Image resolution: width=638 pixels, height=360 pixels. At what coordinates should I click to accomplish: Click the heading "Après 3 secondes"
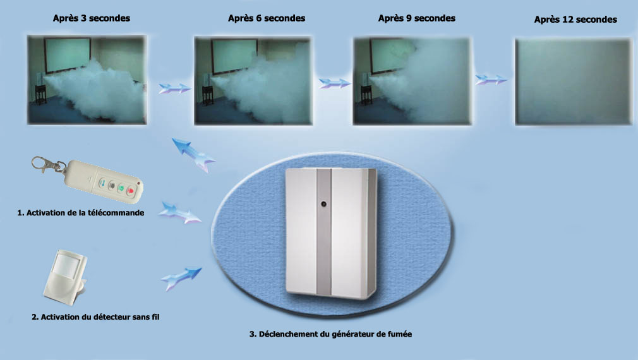[92, 18]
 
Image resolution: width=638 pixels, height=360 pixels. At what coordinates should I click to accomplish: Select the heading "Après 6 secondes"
[267, 18]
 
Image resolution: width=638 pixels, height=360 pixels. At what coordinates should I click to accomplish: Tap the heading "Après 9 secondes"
[417, 18]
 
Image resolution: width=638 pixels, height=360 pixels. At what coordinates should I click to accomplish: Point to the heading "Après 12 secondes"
[575, 20]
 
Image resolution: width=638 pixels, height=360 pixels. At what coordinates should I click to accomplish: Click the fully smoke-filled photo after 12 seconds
[574, 81]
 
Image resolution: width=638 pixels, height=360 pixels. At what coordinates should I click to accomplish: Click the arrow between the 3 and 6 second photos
[174, 88]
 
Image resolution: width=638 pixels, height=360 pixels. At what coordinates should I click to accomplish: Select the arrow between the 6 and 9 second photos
[334, 83]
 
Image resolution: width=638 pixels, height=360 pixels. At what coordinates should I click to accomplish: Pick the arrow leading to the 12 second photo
[491, 80]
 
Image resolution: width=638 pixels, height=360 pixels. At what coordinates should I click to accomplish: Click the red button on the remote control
[131, 190]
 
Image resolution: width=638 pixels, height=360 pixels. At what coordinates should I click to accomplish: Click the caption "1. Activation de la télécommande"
[81, 213]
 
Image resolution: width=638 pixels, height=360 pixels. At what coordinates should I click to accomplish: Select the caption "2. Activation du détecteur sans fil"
[95, 317]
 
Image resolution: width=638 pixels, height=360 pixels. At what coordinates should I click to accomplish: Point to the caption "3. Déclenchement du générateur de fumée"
[330, 334]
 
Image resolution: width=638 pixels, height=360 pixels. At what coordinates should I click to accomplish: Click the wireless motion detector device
[65, 277]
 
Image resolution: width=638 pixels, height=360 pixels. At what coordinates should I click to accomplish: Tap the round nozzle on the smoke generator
[324, 204]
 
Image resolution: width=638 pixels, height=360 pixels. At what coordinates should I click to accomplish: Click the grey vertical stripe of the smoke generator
[324, 232]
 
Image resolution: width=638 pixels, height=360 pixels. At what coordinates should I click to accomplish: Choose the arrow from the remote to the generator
[179, 212]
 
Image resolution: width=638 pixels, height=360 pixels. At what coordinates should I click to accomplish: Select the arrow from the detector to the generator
[181, 279]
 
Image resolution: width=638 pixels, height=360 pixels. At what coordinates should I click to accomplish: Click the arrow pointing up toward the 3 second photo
[193, 155]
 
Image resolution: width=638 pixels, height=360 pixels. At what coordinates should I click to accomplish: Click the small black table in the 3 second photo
[40, 94]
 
